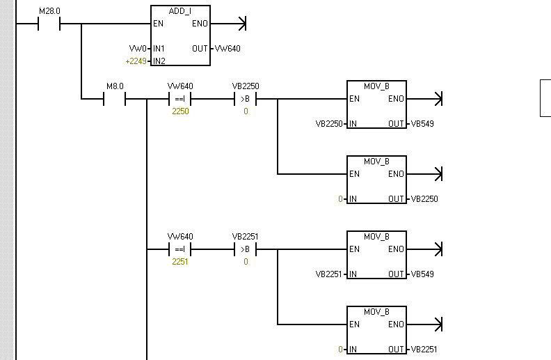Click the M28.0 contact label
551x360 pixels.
[49, 11]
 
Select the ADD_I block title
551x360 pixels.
[180, 12]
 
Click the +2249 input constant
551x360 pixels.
[136, 61]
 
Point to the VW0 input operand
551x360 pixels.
[138, 49]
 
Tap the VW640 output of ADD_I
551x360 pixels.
[227, 49]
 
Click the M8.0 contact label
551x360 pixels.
[115, 86]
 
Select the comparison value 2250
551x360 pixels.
[180, 111]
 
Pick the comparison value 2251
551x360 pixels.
[180, 261]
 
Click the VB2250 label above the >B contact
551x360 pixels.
[246, 86]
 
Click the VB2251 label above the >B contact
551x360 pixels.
[246, 237]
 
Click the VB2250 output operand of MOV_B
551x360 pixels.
[424, 198]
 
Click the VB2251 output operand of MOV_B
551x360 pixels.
[424, 349]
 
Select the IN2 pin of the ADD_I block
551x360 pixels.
[159, 61]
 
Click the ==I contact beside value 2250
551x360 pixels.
[180, 100]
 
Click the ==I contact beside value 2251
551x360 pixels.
[180, 250]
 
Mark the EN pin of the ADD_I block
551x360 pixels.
[158, 24]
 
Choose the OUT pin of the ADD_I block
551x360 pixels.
[200, 49]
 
